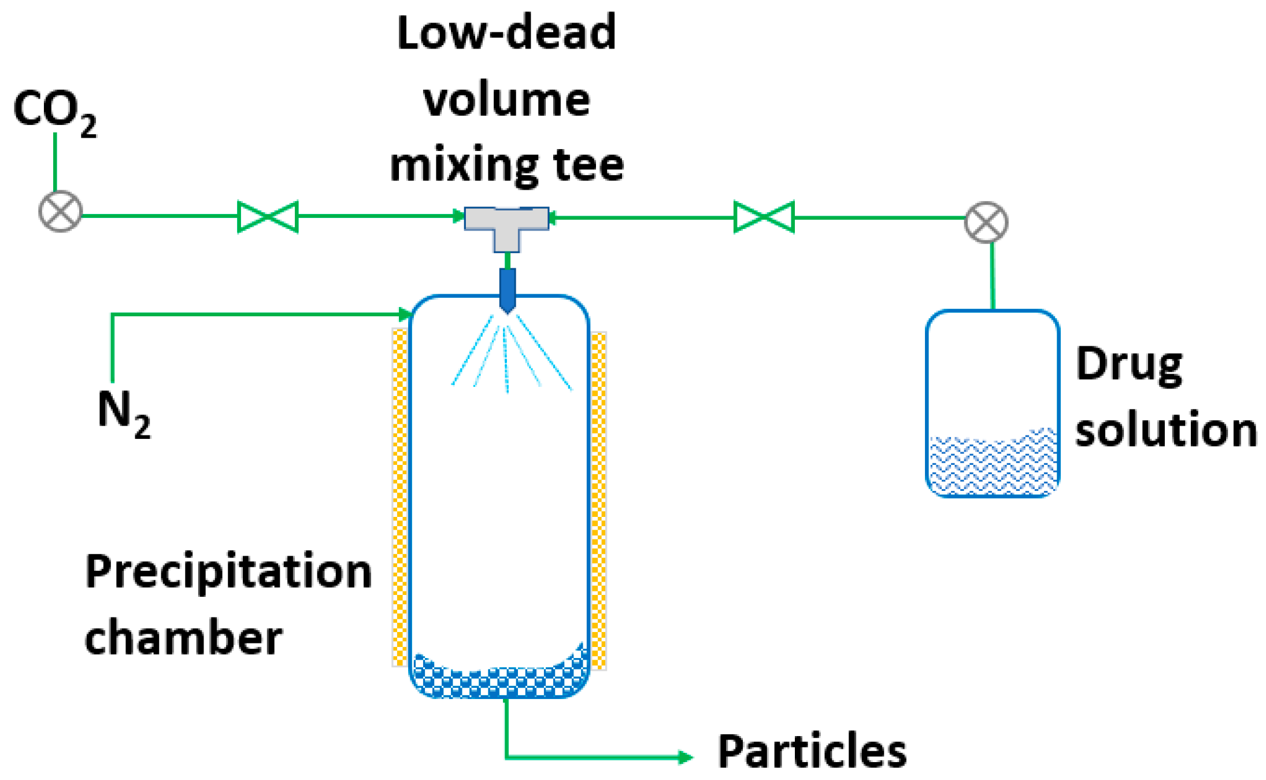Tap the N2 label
(x=123, y=412)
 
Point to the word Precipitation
(x=228, y=572)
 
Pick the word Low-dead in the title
(x=506, y=33)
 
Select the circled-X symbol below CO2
(x=60, y=211)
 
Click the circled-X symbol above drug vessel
(x=986, y=222)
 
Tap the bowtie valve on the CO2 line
(x=268, y=217)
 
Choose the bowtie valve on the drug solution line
(x=764, y=217)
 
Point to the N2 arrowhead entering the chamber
(x=406, y=315)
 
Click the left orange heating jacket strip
(x=399, y=497)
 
